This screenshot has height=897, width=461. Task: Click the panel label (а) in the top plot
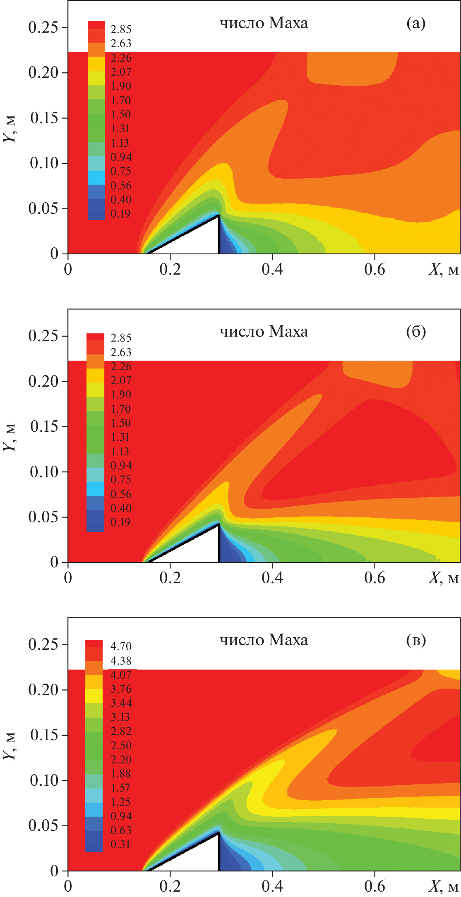tap(415, 24)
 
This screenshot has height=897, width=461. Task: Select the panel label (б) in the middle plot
tap(415, 332)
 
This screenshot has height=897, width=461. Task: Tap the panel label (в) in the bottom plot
tap(415, 640)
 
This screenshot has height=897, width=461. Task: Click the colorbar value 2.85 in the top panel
tap(121, 29)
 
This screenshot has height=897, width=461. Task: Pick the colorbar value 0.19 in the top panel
tap(120, 214)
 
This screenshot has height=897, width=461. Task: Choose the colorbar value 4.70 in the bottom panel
tap(121, 646)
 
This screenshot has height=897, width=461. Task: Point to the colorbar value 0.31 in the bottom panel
tap(120, 844)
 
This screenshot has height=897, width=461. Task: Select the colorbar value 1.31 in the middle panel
tap(120, 437)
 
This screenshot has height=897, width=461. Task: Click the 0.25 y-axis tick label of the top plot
tap(43, 27)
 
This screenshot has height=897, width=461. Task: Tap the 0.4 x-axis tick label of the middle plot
tap(272, 578)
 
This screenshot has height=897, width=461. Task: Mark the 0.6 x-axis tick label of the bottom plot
tap(375, 886)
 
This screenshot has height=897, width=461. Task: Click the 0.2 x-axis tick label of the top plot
tap(170, 269)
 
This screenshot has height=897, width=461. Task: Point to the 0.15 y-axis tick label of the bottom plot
tap(43, 735)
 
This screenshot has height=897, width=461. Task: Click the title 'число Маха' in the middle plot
tap(264, 332)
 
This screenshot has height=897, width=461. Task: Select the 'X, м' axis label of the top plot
tap(443, 270)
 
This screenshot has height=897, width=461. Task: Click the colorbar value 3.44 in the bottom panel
tap(121, 703)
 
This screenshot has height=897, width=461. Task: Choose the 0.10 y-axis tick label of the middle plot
tap(43, 472)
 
